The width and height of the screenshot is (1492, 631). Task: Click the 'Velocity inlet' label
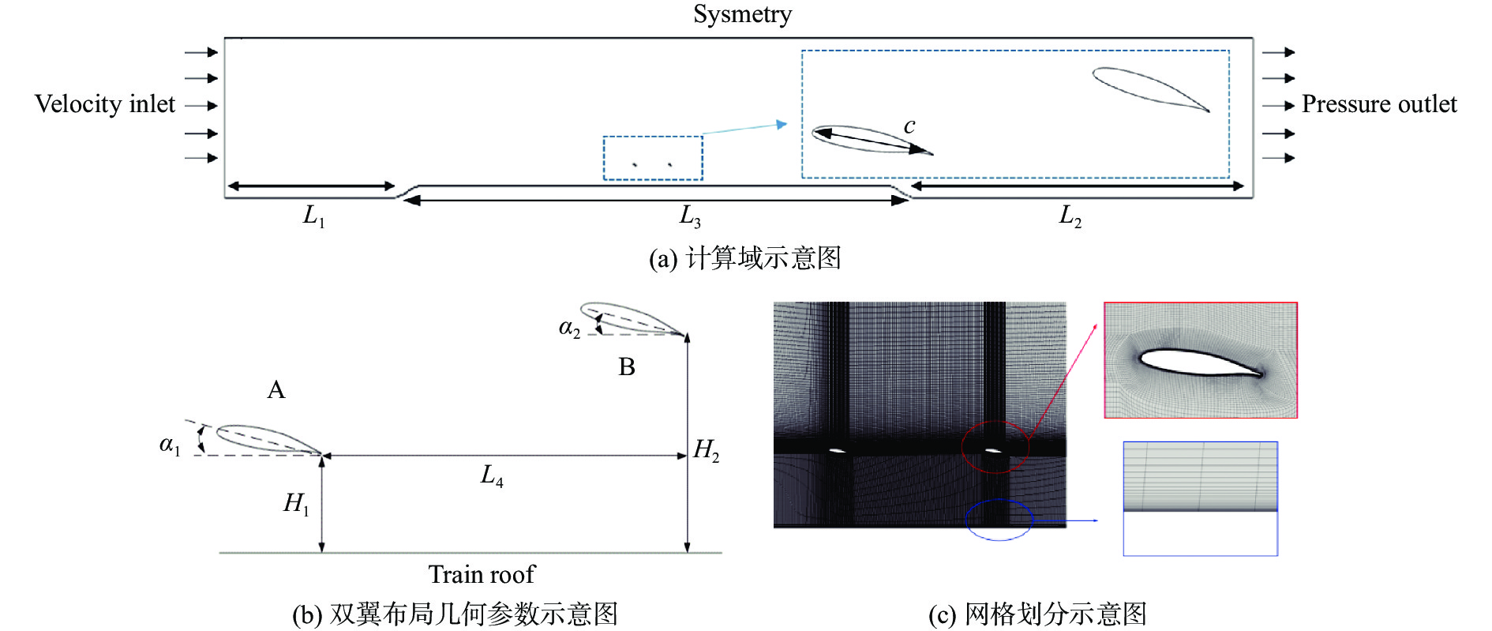click(105, 104)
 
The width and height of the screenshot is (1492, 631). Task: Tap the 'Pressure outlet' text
click(1378, 104)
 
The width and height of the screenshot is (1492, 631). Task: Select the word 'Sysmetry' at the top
click(742, 14)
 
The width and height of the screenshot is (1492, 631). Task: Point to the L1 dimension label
click(313, 216)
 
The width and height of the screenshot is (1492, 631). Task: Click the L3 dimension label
click(690, 216)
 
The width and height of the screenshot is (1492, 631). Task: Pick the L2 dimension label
click(1070, 216)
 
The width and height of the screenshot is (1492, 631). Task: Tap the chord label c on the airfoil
click(909, 126)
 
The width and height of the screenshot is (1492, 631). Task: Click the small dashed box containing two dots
click(653, 158)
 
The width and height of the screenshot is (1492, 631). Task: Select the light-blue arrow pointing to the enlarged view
click(744, 128)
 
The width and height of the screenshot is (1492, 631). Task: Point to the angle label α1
click(170, 445)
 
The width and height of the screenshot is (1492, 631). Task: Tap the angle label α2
click(569, 329)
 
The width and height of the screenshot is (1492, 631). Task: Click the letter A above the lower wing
click(276, 390)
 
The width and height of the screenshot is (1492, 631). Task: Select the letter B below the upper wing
click(627, 367)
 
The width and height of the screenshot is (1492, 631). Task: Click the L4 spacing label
click(492, 475)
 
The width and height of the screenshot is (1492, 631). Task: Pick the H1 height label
click(296, 503)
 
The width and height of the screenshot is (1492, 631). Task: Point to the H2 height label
click(706, 451)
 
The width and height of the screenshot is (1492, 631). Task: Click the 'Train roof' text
click(482, 574)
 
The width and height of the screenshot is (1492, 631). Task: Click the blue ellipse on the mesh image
click(999, 520)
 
